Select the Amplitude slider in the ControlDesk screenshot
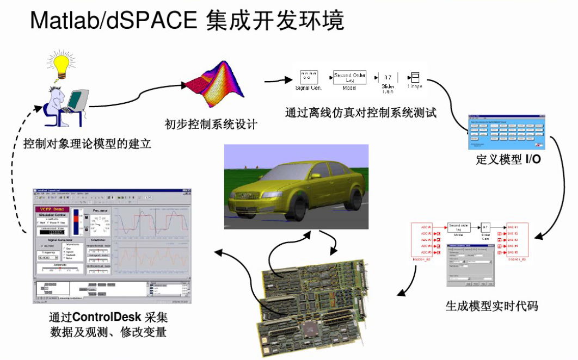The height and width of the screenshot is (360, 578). pos(60,269)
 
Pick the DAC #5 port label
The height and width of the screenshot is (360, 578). pos(513,253)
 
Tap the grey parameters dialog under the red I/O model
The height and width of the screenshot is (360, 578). pos(471,265)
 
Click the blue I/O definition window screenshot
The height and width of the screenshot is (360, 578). pos(507,132)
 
